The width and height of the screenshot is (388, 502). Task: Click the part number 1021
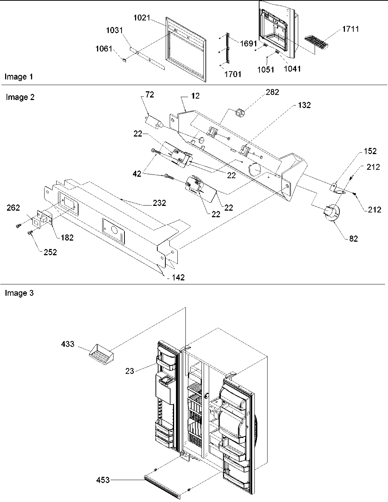coord(142,18)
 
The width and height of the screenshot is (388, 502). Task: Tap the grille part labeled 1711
coord(316,43)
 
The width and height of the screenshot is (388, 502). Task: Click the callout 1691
coord(249,43)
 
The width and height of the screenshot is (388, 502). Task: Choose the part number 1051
coord(265,69)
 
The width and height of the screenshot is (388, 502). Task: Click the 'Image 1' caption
coord(19,77)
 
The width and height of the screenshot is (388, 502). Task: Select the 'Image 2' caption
coord(20,97)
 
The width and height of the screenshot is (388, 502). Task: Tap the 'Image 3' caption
coord(19,293)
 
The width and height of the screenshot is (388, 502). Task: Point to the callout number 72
coord(150,95)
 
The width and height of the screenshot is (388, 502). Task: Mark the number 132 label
coord(304,105)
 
